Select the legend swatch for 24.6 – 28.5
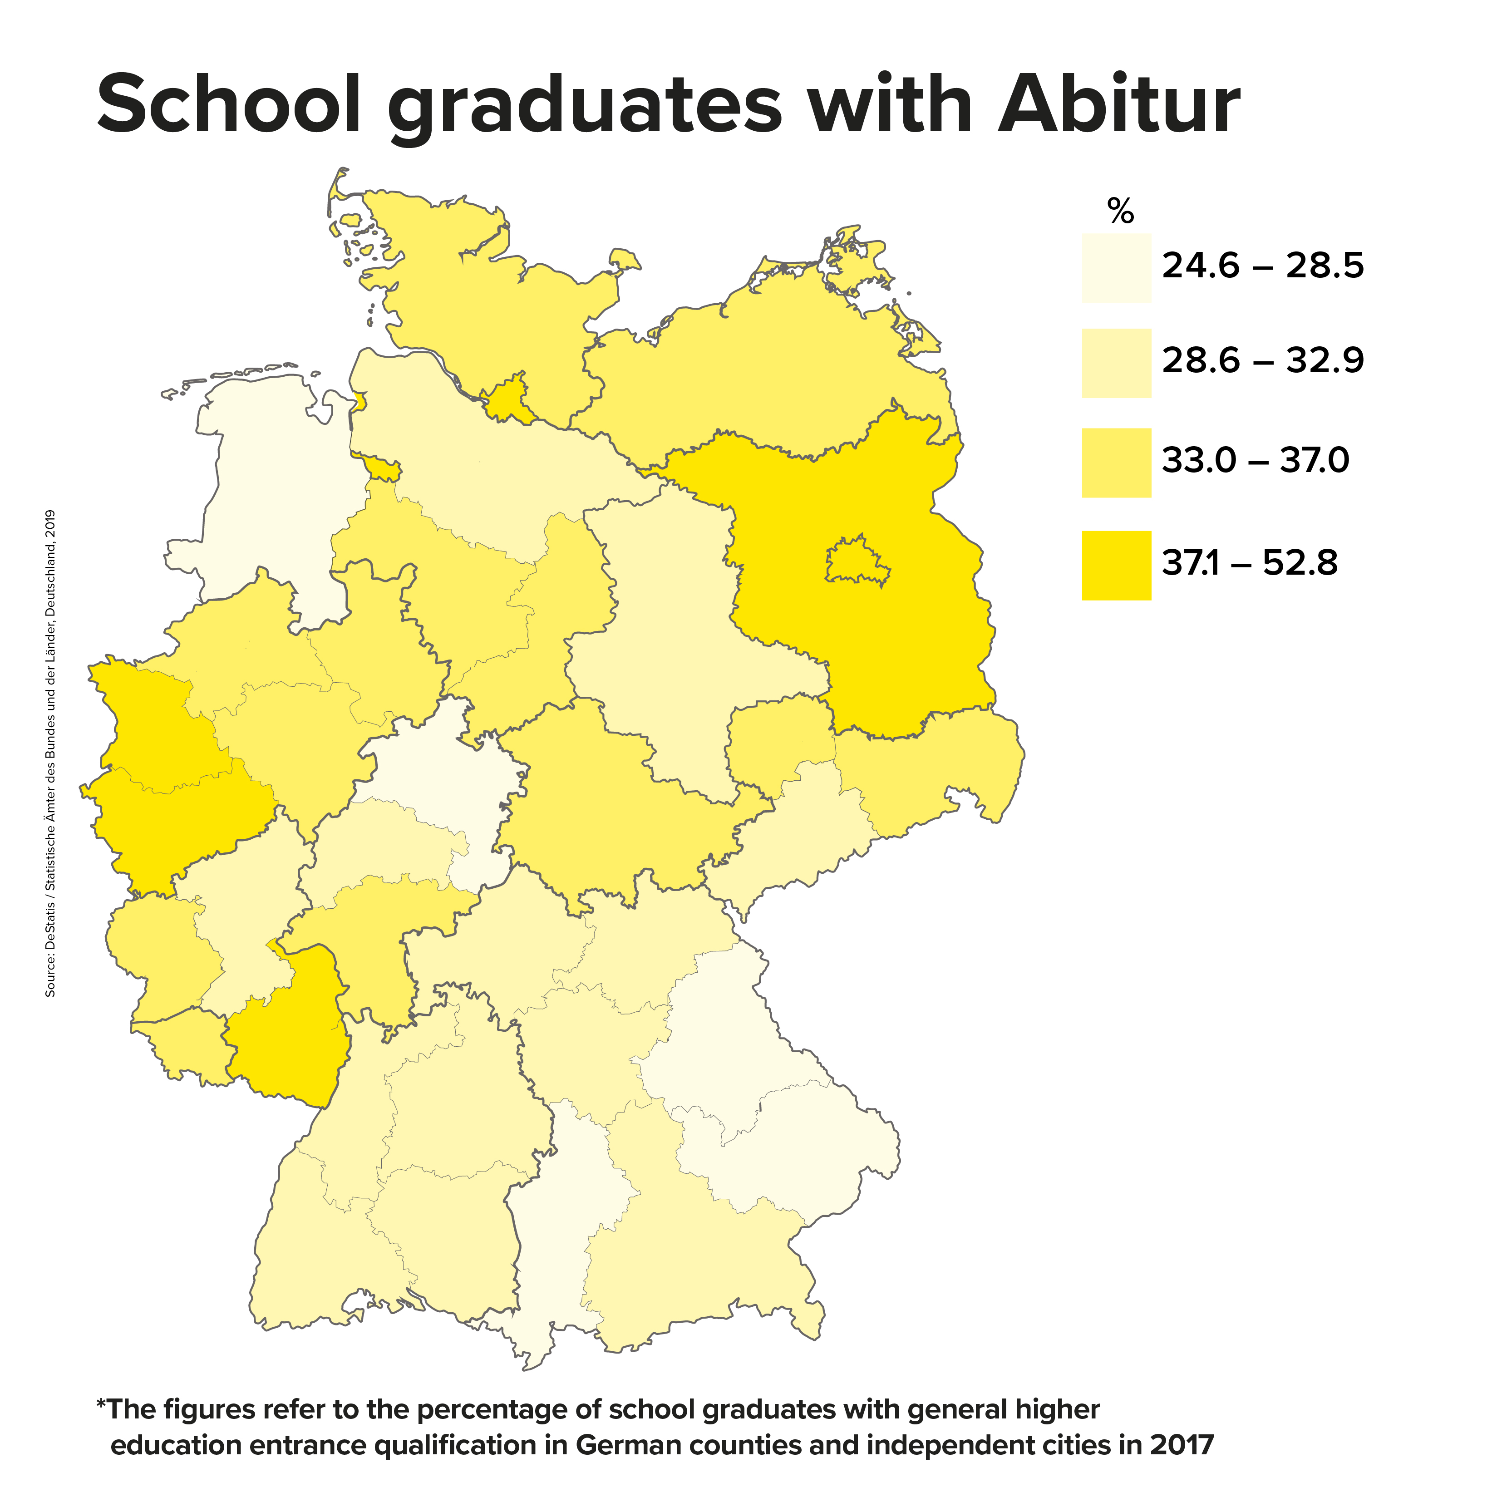(x=1116, y=268)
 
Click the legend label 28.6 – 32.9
(x=1263, y=361)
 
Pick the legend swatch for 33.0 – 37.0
(x=1116, y=463)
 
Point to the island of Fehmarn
(x=622, y=260)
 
